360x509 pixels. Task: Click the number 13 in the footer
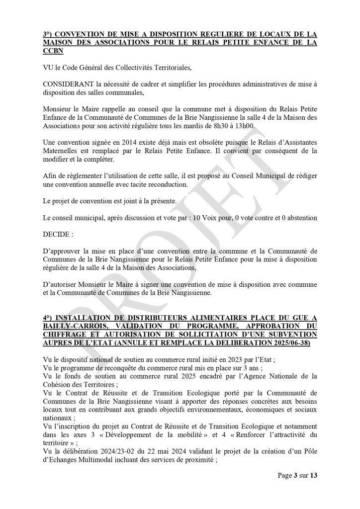click(x=313, y=476)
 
